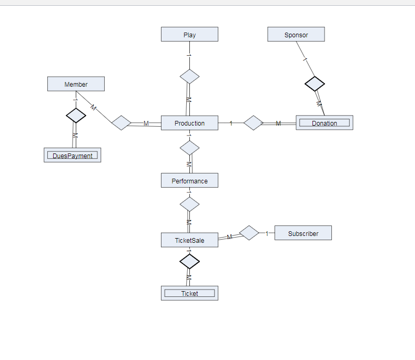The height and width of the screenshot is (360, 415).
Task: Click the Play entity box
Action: click(x=189, y=35)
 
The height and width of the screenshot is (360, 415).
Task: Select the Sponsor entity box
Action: click(x=296, y=35)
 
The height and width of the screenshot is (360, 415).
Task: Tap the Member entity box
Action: click(x=76, y=84)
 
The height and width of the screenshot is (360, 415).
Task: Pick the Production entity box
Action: click(x=189, y=123)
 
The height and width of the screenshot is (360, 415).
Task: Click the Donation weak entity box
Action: click(x=324, y=123)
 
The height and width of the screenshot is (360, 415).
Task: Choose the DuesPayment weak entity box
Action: click(x=72, y=156)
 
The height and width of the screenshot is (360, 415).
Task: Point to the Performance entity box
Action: click(x=189, y=181)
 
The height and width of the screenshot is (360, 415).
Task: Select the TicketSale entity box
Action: click(x=189, y=240)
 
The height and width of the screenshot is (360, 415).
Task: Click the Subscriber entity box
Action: click(x=303, y=233)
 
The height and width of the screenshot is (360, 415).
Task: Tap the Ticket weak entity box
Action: click(x=189, y=293)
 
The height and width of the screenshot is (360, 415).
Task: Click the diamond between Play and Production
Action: click(x=189, y=76)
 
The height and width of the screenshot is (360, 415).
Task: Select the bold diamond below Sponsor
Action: click(x=315, y=84)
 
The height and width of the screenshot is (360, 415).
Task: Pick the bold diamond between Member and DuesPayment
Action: click(x=76, y=115)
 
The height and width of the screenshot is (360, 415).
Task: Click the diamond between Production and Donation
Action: click(x=253, y=123)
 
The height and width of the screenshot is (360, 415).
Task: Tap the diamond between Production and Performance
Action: click(x=189, y=148)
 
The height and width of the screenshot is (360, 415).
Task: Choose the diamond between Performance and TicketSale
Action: click(x=189, y=204)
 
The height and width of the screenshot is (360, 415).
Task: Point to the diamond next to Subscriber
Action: click(x=249, y=233)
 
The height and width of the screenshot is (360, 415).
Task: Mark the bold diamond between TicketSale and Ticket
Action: click(x=189, y=261)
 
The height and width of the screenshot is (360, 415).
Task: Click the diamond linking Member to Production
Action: click(x=122, y=123)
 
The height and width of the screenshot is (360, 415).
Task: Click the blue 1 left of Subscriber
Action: click(x=267, y=233)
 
